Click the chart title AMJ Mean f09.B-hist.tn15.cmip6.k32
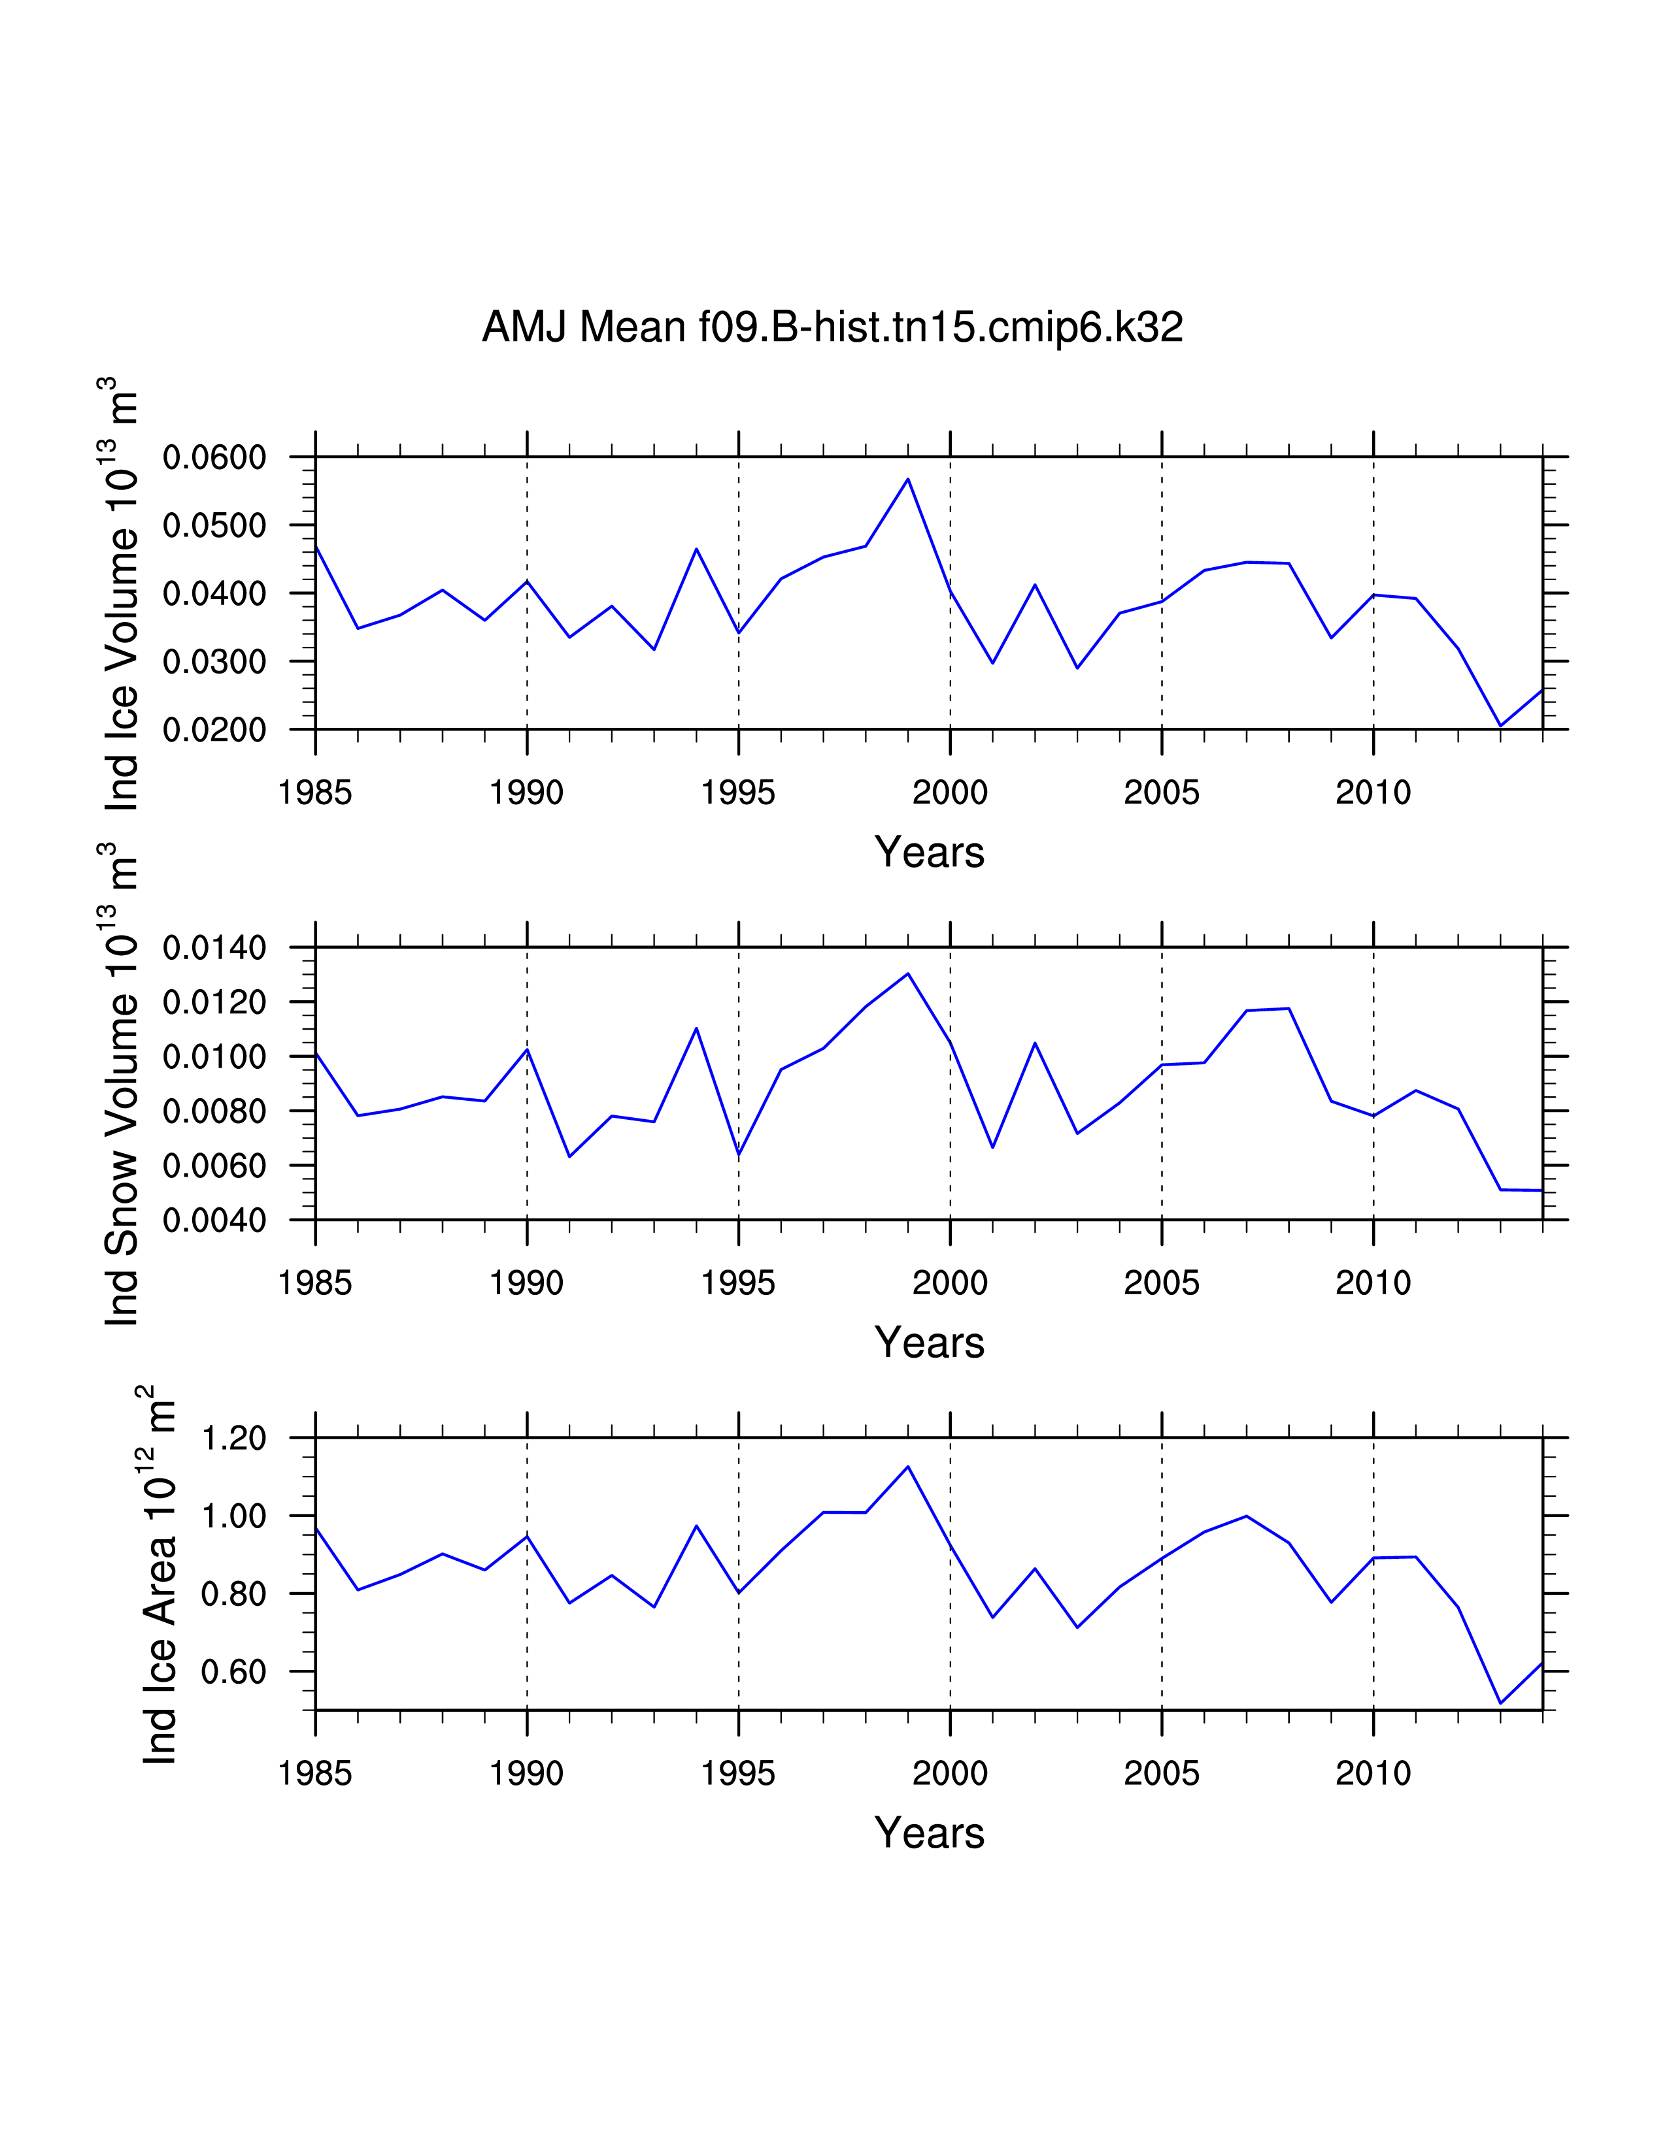(x=832, y=327)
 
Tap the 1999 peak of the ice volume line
(x=907, y=479)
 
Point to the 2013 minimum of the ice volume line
(x=1500, y=726)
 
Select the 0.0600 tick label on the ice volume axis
(x=214, y=457)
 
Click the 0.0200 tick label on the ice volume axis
(x=214, y=730)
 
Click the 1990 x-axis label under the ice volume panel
(x=526, y=792)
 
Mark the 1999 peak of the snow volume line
(x=907, y=973)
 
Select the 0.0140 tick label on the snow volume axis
(x=214, y=948)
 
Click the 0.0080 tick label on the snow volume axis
(x=214, y=1111)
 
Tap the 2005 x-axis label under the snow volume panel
(x=1162, y=1282)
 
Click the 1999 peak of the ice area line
(x=907, y=1466)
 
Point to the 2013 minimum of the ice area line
(x=1500, y=1703)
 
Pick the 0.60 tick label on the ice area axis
(x=233, y=1671)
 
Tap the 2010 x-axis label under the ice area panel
(x=1373, y=1773)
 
